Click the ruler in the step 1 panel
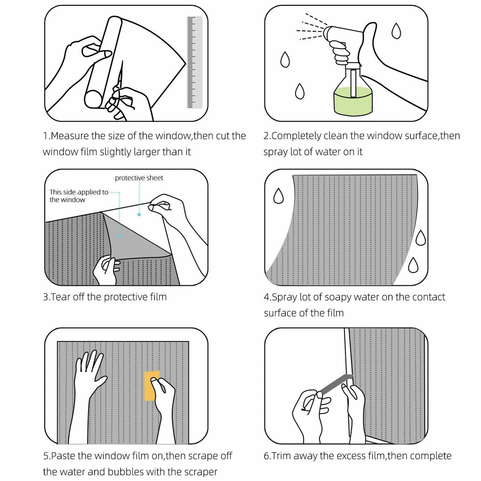pos(194,62)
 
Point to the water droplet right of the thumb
pos(396,31)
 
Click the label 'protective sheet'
pos(139,178)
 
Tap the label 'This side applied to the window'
pos(79,196)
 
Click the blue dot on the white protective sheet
pos(139,215)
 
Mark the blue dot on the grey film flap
pos(119,236)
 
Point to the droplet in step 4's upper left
pos(278,196)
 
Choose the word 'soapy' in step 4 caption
pos(337,298)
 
